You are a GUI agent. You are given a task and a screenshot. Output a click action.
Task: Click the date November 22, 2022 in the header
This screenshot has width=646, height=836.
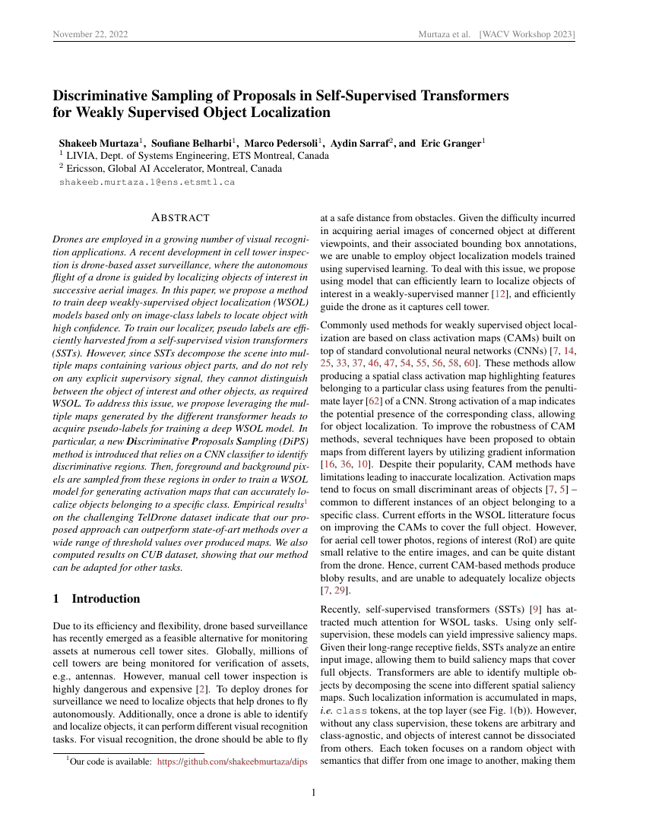click(x=90, y=35)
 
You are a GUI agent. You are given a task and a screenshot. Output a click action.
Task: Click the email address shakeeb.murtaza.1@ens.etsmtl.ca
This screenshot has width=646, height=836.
click(x=147, y=182)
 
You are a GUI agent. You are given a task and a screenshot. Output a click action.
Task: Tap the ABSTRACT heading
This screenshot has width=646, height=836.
click(x=181, y=218)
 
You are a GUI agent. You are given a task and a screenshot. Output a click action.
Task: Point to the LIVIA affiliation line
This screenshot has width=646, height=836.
click(x=197, y=156)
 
